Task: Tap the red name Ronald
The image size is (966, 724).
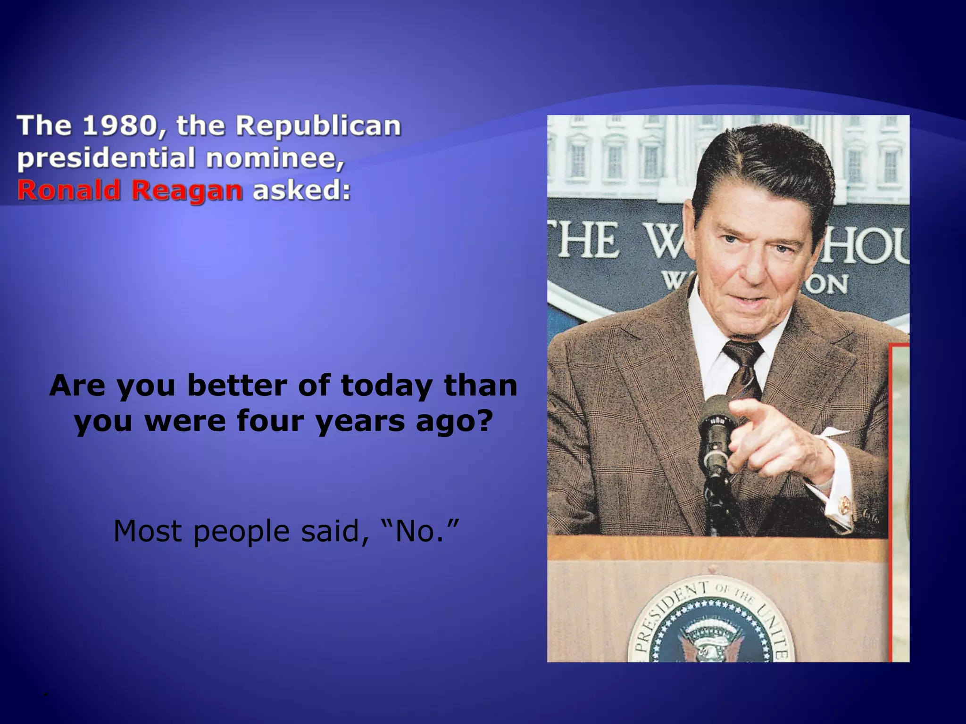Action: [68, 190]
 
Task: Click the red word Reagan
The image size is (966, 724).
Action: [186, 191]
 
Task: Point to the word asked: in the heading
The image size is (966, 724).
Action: [302, 190]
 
